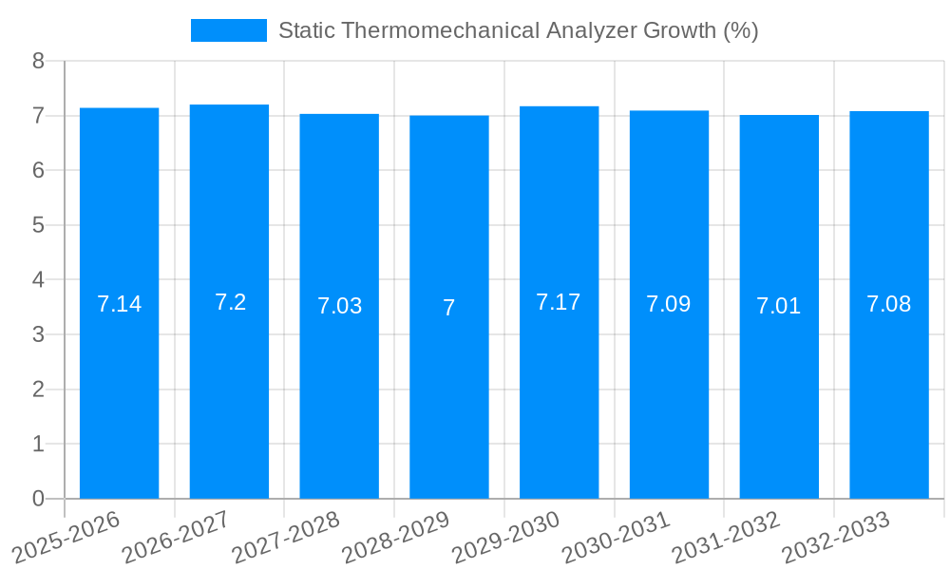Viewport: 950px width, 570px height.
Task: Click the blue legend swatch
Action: click(228, 30)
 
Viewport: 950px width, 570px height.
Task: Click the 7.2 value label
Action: click(230, 302)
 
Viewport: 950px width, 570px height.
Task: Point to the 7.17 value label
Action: click(559, 302)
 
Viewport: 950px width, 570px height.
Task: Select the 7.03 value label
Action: click(339, 306)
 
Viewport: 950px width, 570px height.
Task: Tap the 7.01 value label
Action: click(779, 306)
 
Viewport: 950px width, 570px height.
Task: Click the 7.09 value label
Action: click(669, 304)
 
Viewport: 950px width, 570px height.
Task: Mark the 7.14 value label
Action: click(119, 304)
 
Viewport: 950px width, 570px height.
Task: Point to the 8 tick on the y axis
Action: click(38, 61)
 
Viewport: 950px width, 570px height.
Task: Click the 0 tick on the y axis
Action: click(38, 499)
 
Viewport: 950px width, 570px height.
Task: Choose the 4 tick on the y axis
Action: click(38, 280)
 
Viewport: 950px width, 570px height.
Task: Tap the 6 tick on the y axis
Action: click(38, 171)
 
